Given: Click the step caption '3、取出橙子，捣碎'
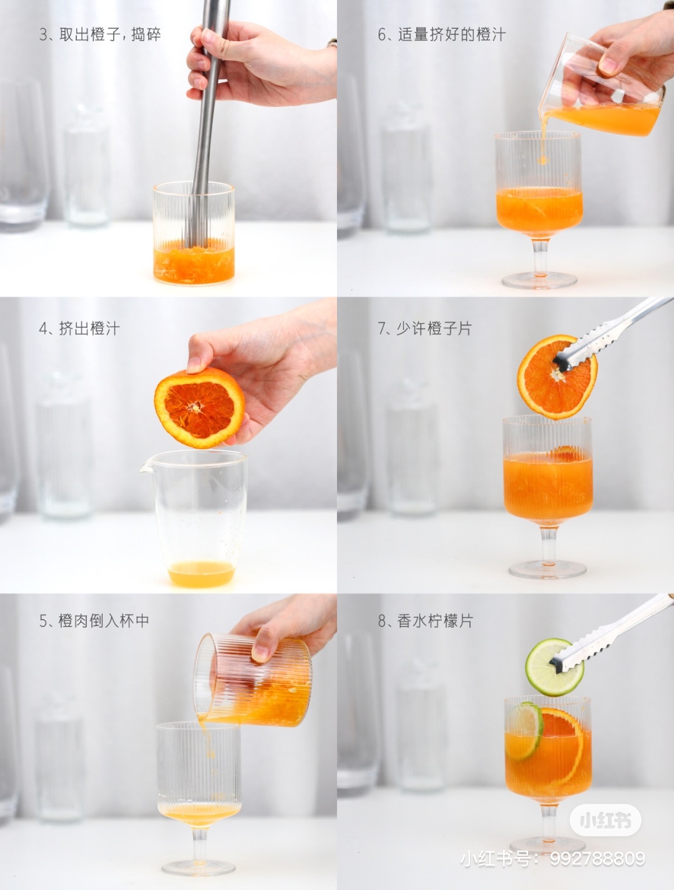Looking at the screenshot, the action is pyautogui.click(x=100, y=34).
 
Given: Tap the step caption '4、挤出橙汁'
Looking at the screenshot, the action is pyautogui.click(x=79, y=328).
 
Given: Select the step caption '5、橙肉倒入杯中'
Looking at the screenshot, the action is pyautogui.click(x=94, y=621).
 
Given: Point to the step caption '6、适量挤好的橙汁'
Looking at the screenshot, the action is pyautogui.click(x=442, y=34).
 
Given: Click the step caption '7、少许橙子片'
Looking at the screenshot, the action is pyautogui.click(x=425, y=328).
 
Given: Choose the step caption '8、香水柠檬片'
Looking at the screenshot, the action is pyautogui.click(x=425, y=621).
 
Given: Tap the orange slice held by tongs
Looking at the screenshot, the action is pyautogui.click(x=557, y=377).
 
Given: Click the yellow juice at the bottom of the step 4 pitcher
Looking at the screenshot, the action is pyautogui.click(x=202, y=573).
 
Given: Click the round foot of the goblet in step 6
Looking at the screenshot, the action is pyautogui.click(x=539, y=280).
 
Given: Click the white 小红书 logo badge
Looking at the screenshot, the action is pyautogui.click(x=605, y=809).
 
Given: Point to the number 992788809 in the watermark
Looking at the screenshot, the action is pyautogui.click(x=597, y=846).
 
